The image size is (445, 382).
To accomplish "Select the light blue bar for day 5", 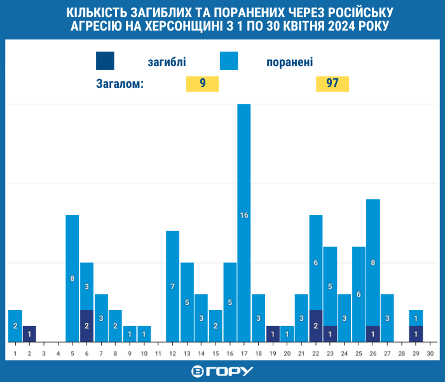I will point(72,278).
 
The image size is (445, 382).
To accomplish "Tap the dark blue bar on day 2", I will point(29,334).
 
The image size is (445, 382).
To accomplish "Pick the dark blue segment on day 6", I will point(87,326).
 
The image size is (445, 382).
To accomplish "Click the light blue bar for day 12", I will point(172,286).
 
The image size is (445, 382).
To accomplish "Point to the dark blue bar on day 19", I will point(273,334).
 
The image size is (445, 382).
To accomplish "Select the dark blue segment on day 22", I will point(316,326).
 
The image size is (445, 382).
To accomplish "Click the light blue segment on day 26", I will point(373,262).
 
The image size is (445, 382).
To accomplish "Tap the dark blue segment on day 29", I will point(416,334).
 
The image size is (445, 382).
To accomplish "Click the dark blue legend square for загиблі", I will point(106,60).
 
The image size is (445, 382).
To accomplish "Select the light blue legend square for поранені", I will point(229,60).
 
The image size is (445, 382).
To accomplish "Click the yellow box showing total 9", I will point(202,84).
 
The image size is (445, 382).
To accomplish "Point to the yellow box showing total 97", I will point(332,84).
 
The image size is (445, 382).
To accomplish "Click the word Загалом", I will point(120,84).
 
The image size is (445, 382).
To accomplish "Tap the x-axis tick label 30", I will point(430,352).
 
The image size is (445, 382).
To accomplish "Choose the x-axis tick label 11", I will point(158,352).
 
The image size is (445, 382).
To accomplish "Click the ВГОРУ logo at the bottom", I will point(222,371).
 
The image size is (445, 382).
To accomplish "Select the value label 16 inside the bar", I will point(244,215).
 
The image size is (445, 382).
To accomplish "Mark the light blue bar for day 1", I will point(15,326).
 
